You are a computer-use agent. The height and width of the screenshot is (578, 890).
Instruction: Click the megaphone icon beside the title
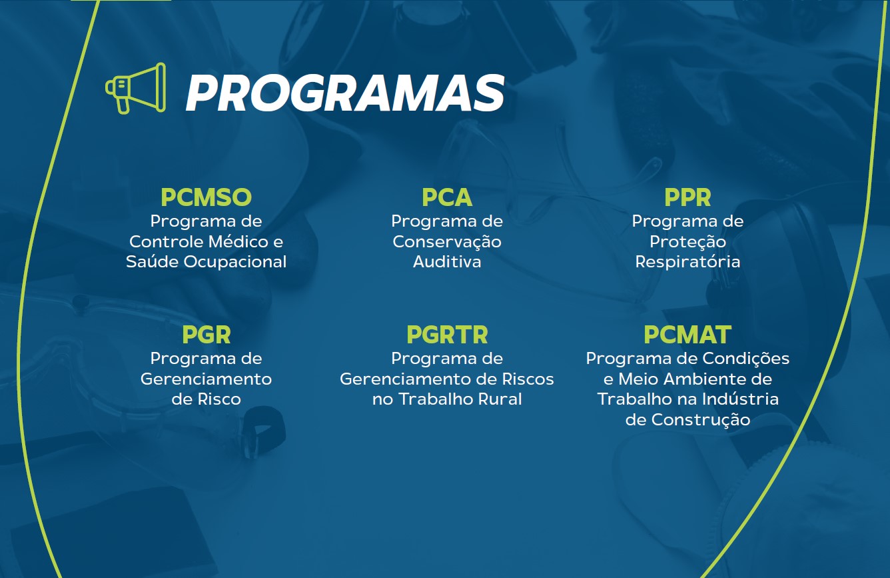(x=135, y=88)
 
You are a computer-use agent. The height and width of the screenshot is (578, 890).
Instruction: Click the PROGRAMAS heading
(x=345, y=93)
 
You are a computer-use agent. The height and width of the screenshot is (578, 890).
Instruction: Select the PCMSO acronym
(x=207, y=197)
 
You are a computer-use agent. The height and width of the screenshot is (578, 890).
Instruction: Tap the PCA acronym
(x=447, y=197)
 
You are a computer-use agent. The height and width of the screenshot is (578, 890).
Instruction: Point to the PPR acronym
(x=687, y=197)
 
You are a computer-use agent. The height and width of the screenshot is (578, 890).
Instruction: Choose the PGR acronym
(x=207, y=335)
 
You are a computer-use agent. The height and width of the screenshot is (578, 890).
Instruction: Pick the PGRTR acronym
(x=447, y=335)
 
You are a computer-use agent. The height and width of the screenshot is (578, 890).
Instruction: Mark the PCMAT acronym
(x=687, y=335)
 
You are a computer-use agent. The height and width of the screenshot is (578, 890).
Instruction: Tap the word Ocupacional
(x=234, y=261)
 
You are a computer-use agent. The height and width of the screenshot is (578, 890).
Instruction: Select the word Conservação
(x=447, y=242)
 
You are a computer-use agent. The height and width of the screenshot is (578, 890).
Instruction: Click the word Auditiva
(x=447, y=261)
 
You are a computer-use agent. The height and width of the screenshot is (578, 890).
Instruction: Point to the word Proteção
(x=687, y=242)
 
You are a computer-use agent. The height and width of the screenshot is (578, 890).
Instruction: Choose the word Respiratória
(x=687, y=262)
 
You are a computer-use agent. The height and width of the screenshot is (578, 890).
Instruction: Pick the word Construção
(x=701, y=420)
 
